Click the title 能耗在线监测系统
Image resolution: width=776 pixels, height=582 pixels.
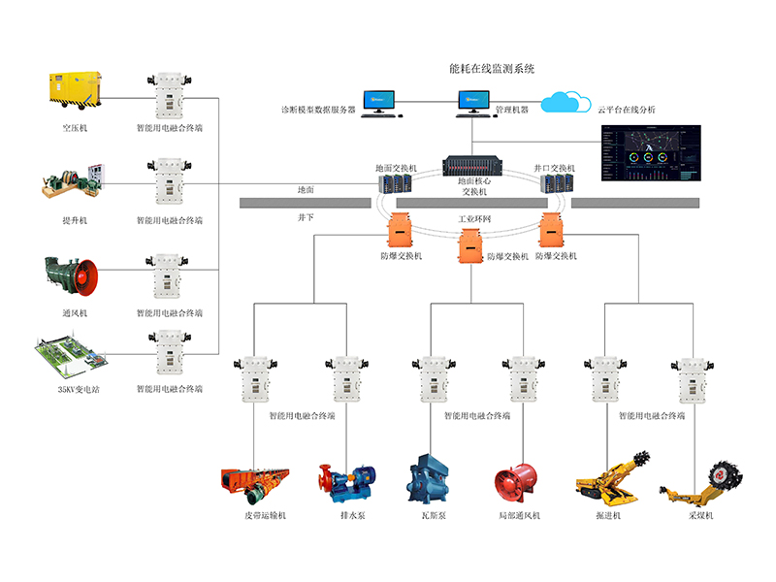[493, 69]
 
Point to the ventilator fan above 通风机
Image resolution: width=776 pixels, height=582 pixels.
[72, 275]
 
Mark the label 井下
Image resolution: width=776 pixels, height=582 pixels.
[307, 219]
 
